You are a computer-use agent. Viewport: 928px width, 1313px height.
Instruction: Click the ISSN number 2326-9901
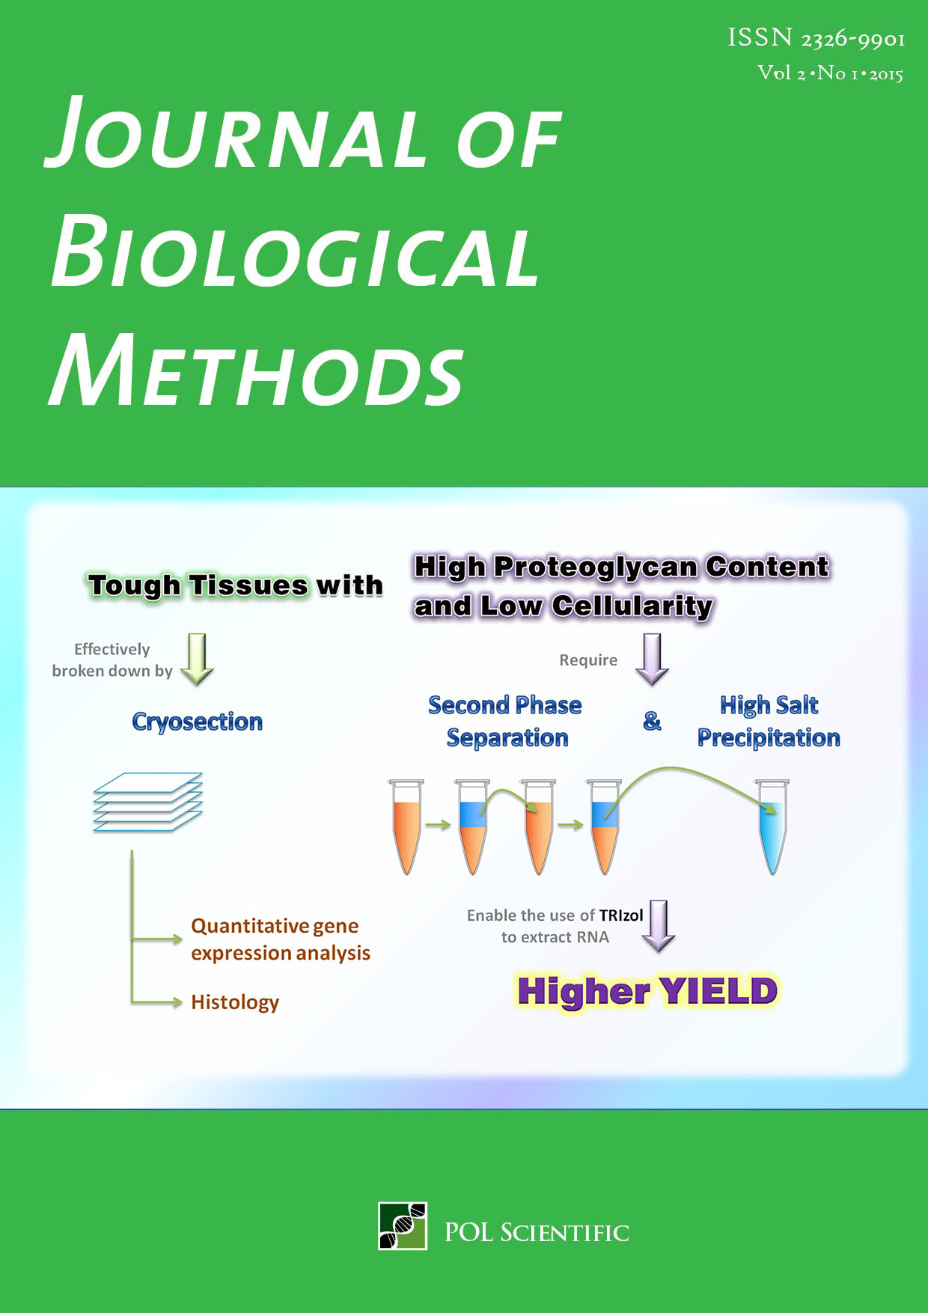(x=853, y=38)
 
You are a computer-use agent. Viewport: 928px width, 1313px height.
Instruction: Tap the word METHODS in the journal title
(x=256, y=370)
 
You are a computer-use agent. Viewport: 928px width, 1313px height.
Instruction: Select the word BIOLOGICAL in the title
(x=294, y=251)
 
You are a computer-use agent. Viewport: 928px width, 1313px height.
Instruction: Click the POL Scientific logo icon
(x=403, y=1225)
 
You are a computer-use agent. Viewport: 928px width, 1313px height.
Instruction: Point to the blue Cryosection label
(x=198, y=722)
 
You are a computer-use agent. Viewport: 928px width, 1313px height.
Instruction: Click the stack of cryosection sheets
(x=147, y=802)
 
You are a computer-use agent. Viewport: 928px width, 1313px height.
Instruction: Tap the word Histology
(x=235, y=1002)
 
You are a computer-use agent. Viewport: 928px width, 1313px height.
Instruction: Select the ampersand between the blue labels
(x=652, y=721)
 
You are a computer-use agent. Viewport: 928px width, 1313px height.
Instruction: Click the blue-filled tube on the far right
(x=772, y=826)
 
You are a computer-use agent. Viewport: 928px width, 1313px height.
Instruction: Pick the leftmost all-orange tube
(x=406, y=826)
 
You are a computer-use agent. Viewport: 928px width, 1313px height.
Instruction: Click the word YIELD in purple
(x=718, y=991)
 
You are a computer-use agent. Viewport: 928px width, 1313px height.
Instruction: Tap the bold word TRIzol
(x=621, y=915)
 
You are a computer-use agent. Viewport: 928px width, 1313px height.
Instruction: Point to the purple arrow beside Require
(x=652, y=659)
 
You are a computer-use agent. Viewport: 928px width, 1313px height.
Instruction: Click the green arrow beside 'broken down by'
(x=198, y=659)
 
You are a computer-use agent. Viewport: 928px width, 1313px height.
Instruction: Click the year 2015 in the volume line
(x=886, y=74)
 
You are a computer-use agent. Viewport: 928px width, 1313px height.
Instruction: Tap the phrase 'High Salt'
(x=769, y=704)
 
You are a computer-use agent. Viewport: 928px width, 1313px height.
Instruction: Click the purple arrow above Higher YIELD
(x=659, y=926)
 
